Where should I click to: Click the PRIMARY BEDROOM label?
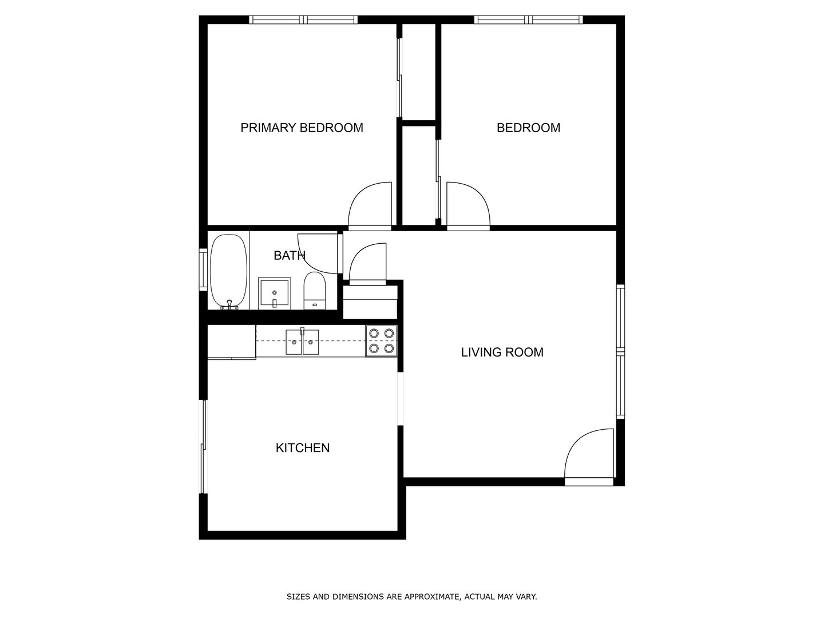pos(302,128)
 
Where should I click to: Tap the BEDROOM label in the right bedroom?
pos(528,128)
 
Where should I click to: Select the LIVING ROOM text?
pos(502,352)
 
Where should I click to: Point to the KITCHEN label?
pos(303,448)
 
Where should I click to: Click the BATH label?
pos(289,256)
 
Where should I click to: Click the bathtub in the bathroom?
pos(228,272)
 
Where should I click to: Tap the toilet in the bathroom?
pos(314,291)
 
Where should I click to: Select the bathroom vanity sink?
pos(275,294)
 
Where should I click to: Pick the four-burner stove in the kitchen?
pos(381,340)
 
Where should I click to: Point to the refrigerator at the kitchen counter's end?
pos(231,342)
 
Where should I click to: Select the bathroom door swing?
pos(319,252)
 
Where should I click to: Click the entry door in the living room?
pos(589,455)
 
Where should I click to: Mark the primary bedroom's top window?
pos(303,20)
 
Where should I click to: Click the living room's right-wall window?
pos(620,351)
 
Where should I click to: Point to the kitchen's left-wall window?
pos(202,446)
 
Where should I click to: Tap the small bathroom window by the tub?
pos(203,269)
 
